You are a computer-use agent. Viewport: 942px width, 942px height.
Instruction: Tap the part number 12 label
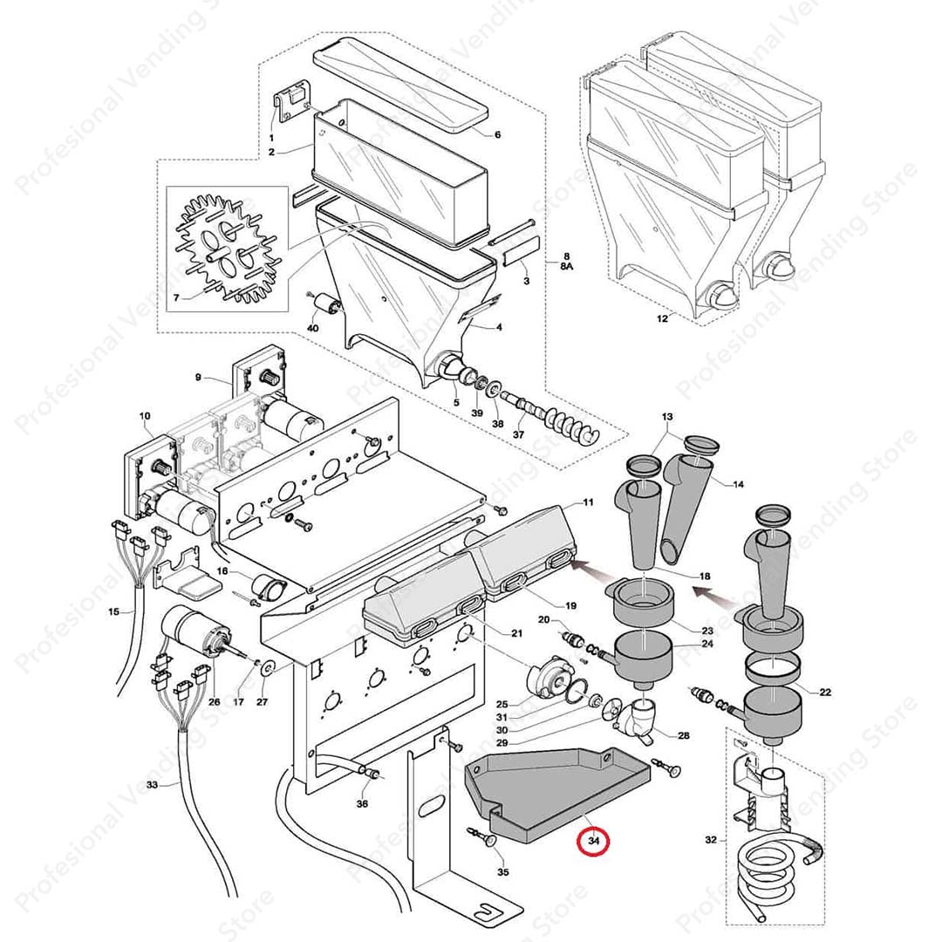tap(662, 319)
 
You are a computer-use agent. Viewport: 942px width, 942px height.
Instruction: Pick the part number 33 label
tap(152, 785)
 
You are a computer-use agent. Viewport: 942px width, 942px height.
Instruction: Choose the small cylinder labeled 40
tap(329, 305)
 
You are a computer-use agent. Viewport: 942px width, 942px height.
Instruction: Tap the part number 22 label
tap(825, 692)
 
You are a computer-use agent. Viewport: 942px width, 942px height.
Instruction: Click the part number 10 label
tap(145, 416)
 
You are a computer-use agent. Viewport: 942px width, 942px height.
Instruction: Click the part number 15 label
tap(114, 611)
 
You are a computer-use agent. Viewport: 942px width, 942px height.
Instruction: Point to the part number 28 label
tap(683, 735)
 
